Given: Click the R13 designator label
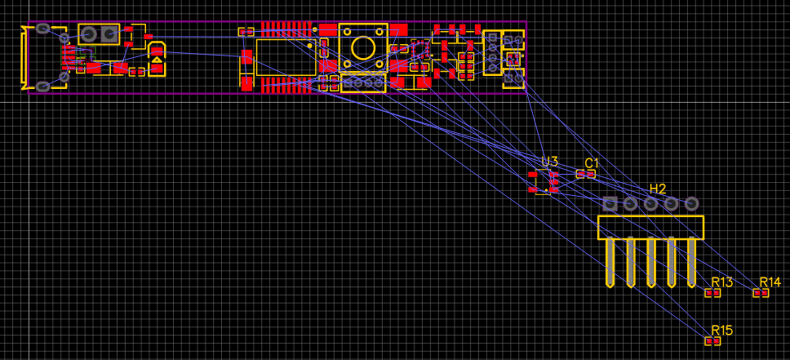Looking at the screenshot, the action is (x=721, y=282).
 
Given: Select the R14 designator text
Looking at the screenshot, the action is (x=770, y=282).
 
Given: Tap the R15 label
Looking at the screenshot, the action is (x=721, y=331).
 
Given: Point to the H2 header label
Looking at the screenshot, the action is (x=658, y=189).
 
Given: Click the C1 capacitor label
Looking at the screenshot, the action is (x=592, y=162).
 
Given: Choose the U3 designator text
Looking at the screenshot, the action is (x=549, y=162).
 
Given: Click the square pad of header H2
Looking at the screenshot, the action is (x=610, y=203).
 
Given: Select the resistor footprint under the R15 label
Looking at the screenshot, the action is (x=713, y=341).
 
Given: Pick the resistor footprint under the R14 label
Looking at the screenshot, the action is (x=761, y=293).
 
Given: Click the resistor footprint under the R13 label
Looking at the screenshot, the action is (x=713, y=293).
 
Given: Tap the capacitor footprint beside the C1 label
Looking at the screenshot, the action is (x=585, y=174).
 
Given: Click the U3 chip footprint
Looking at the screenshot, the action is (x=544, y=182).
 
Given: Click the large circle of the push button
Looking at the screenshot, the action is (x=361, y=47).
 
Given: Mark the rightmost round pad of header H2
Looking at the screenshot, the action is (x=691, y=203).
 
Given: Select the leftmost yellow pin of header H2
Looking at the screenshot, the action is (x=610, y=261).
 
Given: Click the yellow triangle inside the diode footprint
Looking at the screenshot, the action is (x=156, y=60).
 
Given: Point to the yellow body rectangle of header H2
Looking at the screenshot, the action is (x=650, y=227).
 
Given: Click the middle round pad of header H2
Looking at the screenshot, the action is (x=650, y=203).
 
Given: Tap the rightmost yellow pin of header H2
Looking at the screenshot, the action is (x=691, y=261).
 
